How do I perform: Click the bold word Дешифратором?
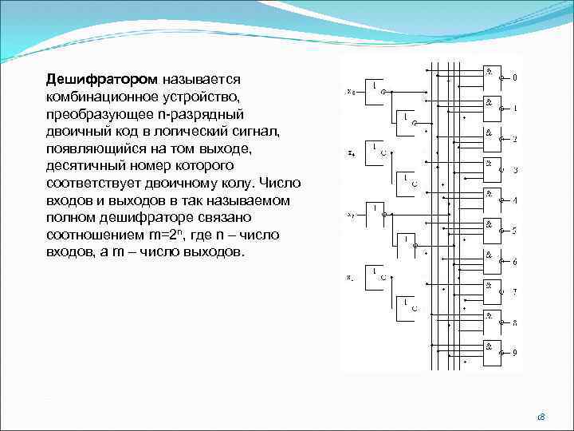104,80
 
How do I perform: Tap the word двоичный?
79,131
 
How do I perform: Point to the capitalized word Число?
280,183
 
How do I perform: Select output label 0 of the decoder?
514,78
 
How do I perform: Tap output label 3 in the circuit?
514,170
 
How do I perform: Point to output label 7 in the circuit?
514,292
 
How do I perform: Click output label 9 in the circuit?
514,352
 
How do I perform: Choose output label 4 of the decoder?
514,200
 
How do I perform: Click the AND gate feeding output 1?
492,109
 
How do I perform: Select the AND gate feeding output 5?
492,231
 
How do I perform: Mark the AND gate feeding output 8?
492,322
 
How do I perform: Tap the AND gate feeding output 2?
492,139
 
